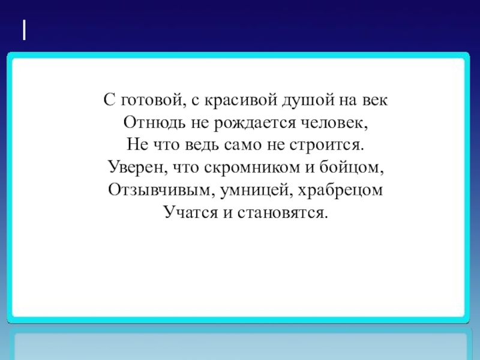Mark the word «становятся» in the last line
(285, 212)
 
